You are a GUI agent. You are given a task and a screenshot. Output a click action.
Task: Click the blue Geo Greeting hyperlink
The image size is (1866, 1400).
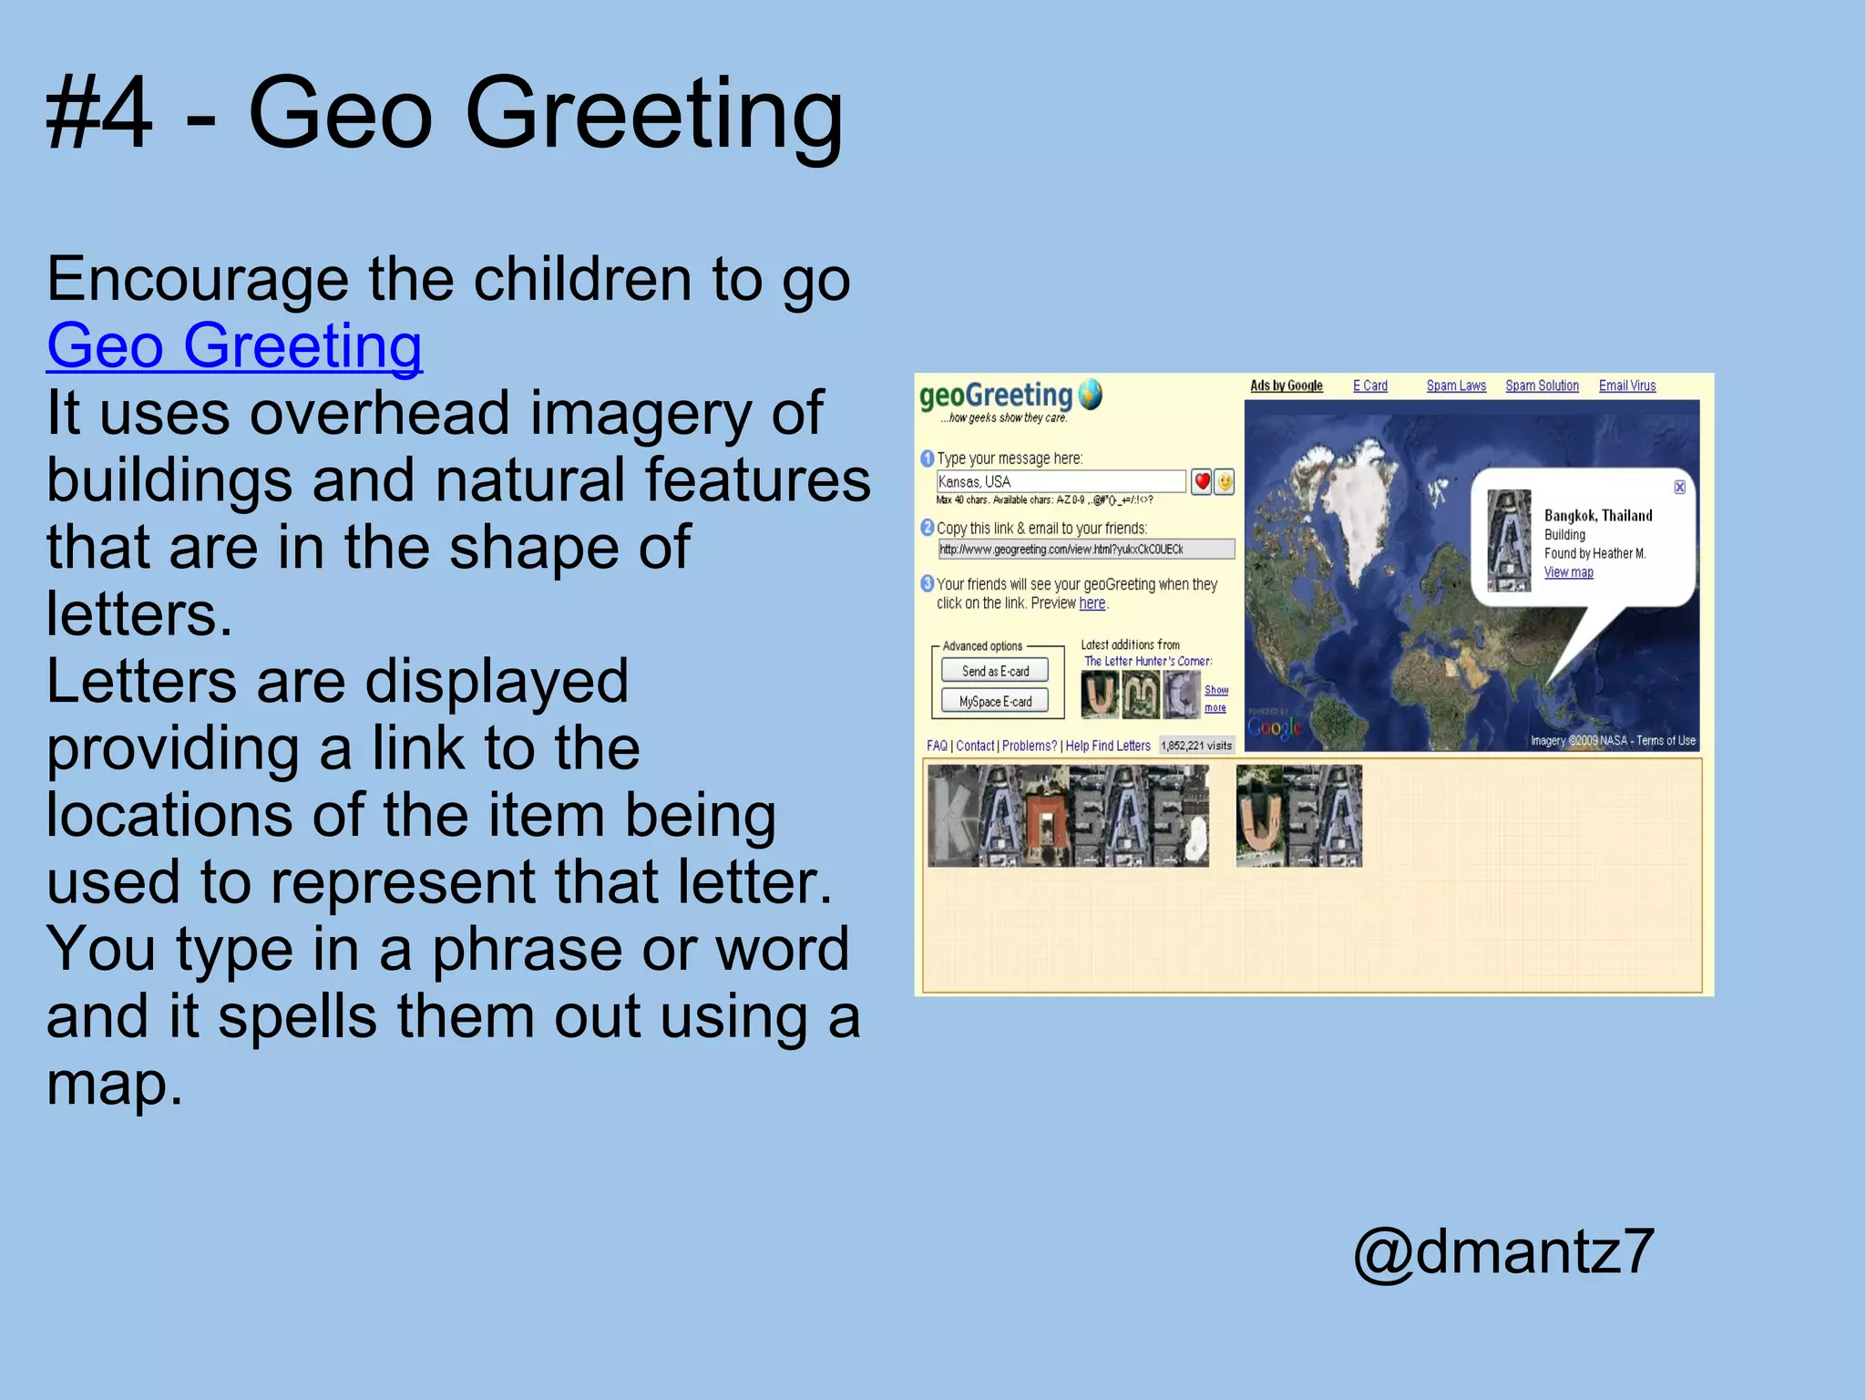pyautogui.click(x=234, y=346)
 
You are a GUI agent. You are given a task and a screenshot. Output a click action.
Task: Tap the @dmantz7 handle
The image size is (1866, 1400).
pyautogui.click(x=1503, y=1251)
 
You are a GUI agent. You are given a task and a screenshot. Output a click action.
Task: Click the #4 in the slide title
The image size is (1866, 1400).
pyautogui.click(x=99, y=114)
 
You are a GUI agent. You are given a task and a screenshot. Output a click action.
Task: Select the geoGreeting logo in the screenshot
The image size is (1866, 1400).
pyautogui.click(x=1010, y=398)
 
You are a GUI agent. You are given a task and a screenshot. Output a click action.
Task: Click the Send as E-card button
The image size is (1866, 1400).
pyautogui.click(x=995, y=671)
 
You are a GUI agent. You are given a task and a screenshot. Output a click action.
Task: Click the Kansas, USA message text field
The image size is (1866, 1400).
pyautogui.click(x=1061, y=481)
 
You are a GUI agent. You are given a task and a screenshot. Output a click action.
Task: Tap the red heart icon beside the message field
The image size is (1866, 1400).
pyautogui.click(x=1202, y=481)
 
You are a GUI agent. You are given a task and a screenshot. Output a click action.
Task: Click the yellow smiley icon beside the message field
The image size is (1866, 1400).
pyautogui.click(x=1225, y=481)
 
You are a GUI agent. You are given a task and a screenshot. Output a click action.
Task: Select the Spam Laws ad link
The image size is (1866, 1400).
pyautogui.click(x=1455, y=386)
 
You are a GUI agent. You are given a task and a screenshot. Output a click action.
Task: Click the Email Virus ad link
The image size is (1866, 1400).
pyautogui.click(x=1626, y=386)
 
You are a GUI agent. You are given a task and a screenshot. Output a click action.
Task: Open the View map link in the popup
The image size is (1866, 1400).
pyautogui.click(x=1568, y=572)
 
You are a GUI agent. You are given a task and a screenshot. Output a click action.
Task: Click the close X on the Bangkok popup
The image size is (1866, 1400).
pyautogui.click(x=1679, y=488)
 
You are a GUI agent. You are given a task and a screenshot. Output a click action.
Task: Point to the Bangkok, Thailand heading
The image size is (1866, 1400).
pyautogui.click(x=1597, y=516)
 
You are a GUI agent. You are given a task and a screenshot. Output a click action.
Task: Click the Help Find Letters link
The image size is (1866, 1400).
pyautogui.click(x=1107, y=746)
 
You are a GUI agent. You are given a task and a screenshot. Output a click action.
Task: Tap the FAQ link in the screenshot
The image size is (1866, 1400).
pyautogui.click(x=937, y=746)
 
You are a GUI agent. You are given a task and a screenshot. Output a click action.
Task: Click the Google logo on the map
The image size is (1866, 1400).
pyautogui.click(x=1274, y=727)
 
